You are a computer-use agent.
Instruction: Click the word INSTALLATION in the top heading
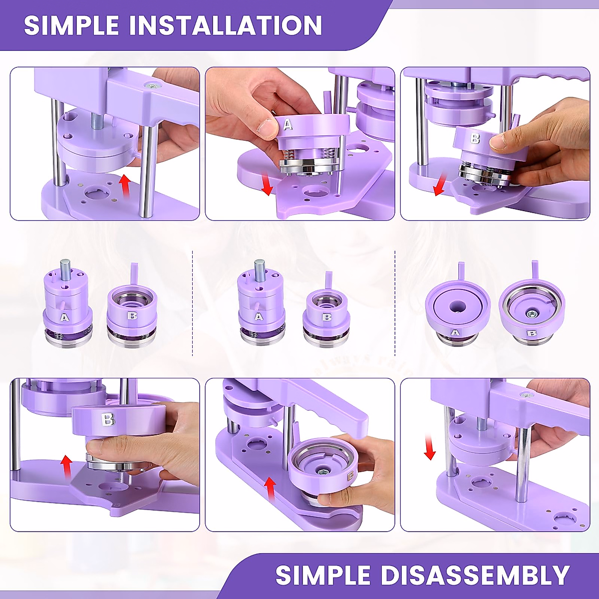(x=226, y=25)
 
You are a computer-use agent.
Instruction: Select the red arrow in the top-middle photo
(x=268, y=184)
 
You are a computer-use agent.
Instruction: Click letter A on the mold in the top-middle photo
(x=288, y=124)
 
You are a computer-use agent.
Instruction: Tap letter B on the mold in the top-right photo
(x=475, y=138)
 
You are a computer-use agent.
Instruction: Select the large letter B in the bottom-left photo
(x=108, y=420)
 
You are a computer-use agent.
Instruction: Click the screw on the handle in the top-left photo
(x=150, y=86)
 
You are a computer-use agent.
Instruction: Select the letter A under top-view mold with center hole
(x=455, y=333)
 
